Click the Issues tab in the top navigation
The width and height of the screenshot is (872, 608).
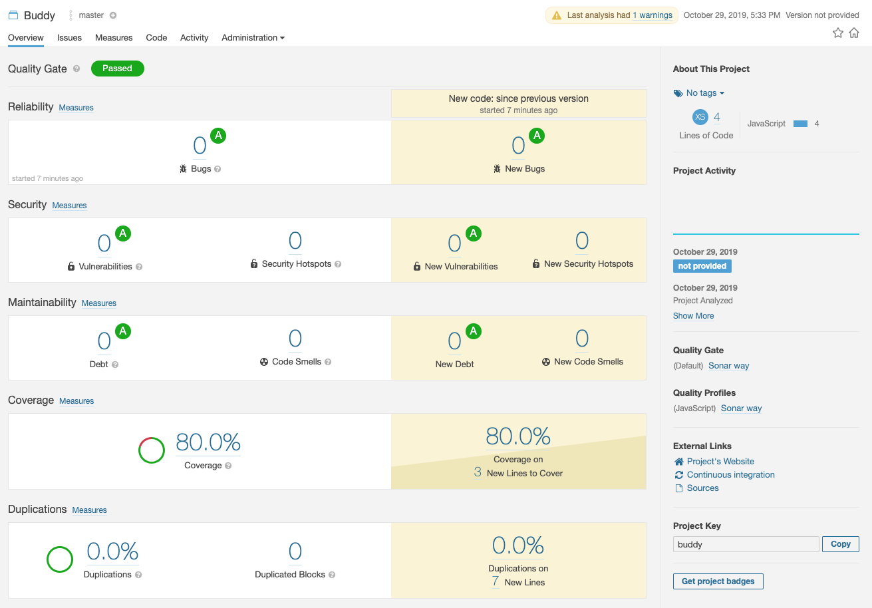coord(69,38)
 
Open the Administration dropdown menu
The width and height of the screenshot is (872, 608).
coord(253,38)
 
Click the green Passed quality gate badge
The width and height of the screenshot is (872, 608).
coord(117,69)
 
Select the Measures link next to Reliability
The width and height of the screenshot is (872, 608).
coord(76,108)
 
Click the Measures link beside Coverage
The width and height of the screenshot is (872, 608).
coord(76,401)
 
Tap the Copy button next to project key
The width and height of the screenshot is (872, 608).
coord(840,544)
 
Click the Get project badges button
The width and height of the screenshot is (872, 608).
coord(718,581)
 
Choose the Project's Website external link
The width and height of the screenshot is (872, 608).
coord(720,462)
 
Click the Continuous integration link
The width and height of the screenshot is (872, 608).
coord(730,475)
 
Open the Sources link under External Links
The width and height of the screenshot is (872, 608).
coord(702,488)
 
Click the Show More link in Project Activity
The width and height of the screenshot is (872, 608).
coord(693,316)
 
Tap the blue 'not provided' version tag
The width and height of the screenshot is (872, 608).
coord(702,266)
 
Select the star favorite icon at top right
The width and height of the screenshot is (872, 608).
coord(838,33)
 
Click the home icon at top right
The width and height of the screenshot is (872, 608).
coord(854,33)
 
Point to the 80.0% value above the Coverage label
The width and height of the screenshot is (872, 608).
coord(208,442)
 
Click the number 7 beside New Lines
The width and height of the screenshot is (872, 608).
coord(496,582)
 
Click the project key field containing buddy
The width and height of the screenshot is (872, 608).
coord(746,544)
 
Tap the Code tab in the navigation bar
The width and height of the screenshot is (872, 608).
coord(156,38)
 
